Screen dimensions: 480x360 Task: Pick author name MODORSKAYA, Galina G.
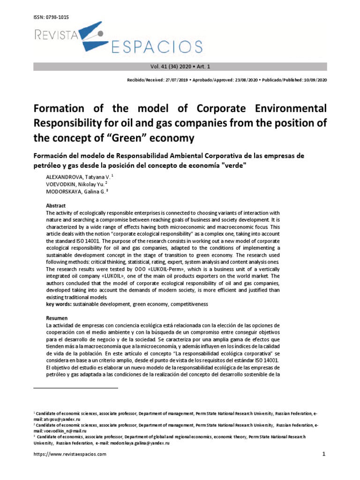pyautogui.click(x=76, y=192)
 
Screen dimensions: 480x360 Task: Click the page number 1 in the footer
pyautogui.click(x=324, y=454)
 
